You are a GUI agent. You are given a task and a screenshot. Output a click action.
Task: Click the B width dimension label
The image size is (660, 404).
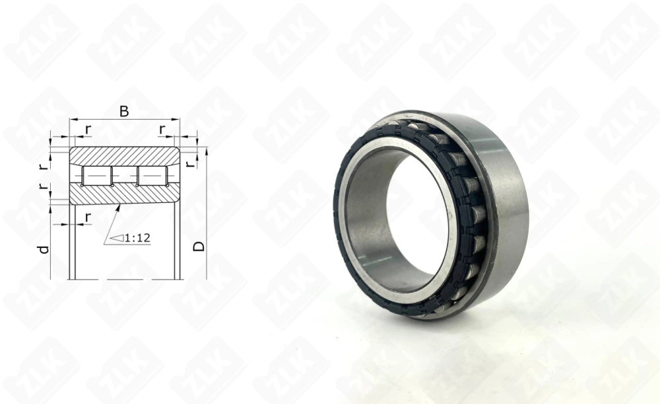pos(124,111)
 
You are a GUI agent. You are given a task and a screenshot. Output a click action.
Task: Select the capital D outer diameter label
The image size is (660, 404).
pos(199,246)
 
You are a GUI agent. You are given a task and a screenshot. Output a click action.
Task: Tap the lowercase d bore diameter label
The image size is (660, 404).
pos(44,249)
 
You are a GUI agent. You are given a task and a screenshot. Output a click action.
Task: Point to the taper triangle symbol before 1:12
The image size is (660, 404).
pos(117,238)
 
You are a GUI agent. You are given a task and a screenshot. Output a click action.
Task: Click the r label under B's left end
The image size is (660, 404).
pos(88,130)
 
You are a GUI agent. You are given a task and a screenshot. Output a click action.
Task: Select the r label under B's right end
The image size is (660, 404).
pos(162,130)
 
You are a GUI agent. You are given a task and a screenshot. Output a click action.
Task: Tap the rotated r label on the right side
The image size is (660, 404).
pos(191,163)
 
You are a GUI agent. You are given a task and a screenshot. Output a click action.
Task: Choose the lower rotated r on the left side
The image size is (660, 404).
pos(42,186)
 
